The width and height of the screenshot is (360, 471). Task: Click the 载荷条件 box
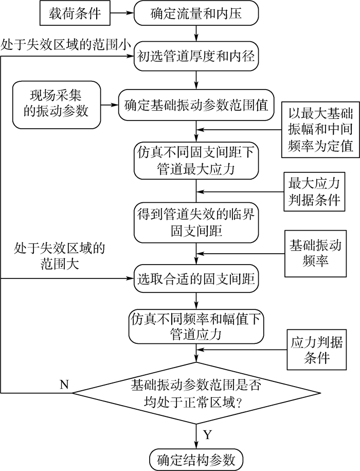coord(76,15)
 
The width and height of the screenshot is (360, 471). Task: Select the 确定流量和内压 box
coord(196,15)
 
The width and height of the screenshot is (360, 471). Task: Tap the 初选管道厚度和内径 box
coord(196,57)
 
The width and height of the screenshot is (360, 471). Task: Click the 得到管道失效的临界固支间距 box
coord(196,222)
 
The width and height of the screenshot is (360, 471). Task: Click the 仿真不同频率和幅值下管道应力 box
coord(196,326)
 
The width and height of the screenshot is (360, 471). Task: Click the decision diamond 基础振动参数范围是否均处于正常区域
coord(196,393)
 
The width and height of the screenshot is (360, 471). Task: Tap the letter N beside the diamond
coord(64,385)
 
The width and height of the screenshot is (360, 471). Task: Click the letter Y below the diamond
coord(208,435)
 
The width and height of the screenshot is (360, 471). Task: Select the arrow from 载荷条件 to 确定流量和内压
coord(123,15)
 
